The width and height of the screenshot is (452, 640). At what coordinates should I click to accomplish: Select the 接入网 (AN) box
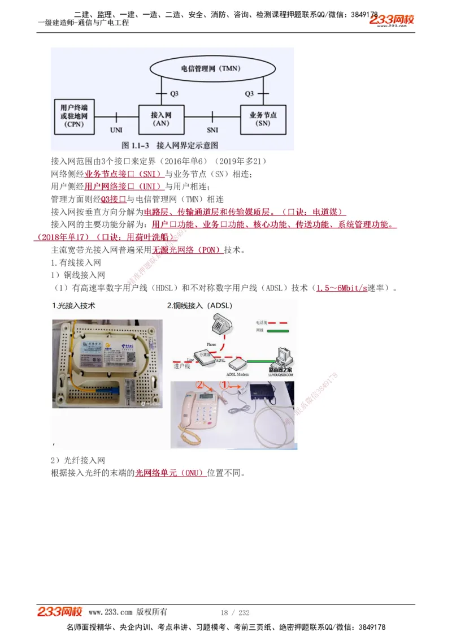161,119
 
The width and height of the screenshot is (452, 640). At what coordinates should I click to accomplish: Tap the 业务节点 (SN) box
263,119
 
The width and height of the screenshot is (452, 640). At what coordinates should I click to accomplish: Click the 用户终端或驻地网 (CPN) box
73,115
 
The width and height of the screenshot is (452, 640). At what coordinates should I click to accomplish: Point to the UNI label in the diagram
116,130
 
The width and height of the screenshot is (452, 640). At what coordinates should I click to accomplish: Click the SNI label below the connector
212,130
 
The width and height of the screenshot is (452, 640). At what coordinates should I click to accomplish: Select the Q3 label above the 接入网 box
173,93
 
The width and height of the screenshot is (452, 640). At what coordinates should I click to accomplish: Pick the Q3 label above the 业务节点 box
249,93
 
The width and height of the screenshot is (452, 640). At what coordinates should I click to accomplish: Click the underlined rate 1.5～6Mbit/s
341,288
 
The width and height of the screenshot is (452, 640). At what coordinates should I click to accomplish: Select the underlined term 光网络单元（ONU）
169,473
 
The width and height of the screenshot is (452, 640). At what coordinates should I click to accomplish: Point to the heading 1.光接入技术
73,306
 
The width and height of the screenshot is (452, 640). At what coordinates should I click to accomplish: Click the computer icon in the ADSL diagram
282,356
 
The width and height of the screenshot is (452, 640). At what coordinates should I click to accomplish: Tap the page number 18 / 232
234,612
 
